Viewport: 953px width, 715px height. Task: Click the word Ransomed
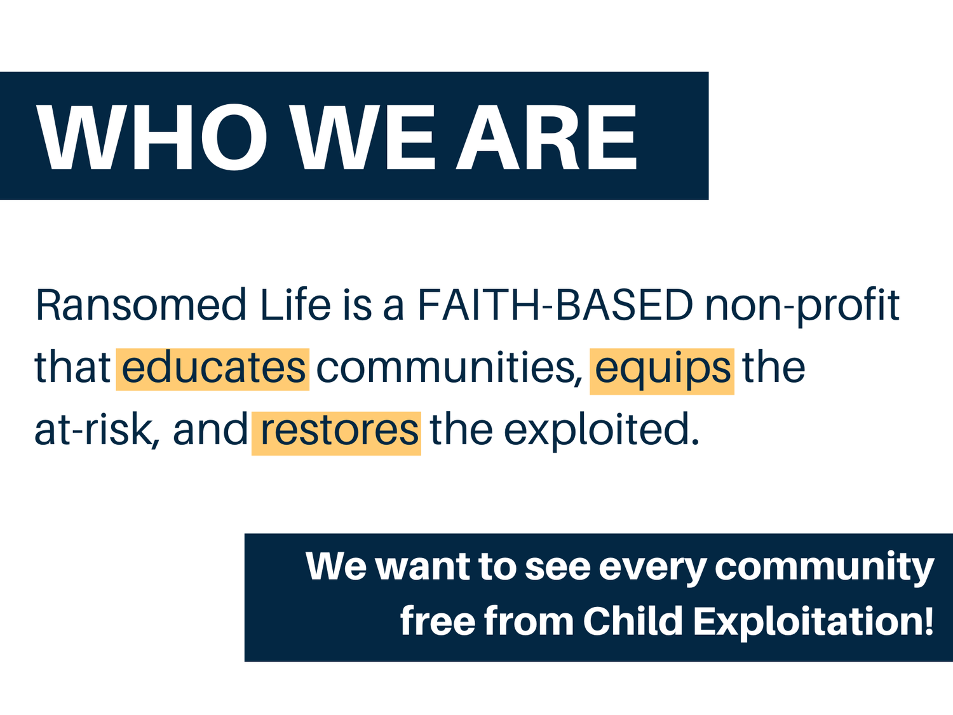click(x=140, y=305)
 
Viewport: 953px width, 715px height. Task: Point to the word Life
click(x=295, y=305)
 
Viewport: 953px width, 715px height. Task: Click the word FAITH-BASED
click(x=555, y=305)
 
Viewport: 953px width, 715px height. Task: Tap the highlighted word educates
click(x=213, y=369)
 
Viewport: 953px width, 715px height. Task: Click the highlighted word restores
click(x=337, y=431)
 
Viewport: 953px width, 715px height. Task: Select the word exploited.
click(x=601, y=431)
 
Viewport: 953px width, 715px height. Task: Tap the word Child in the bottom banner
click(x=632, y=621)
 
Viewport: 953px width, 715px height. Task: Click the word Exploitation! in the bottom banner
click(x=813, y=621)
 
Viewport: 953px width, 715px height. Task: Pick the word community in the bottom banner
click(x=824, y=567)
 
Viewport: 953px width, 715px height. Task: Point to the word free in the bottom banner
click(x=437, y=621)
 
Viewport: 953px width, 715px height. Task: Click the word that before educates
click(x=72, y=369)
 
